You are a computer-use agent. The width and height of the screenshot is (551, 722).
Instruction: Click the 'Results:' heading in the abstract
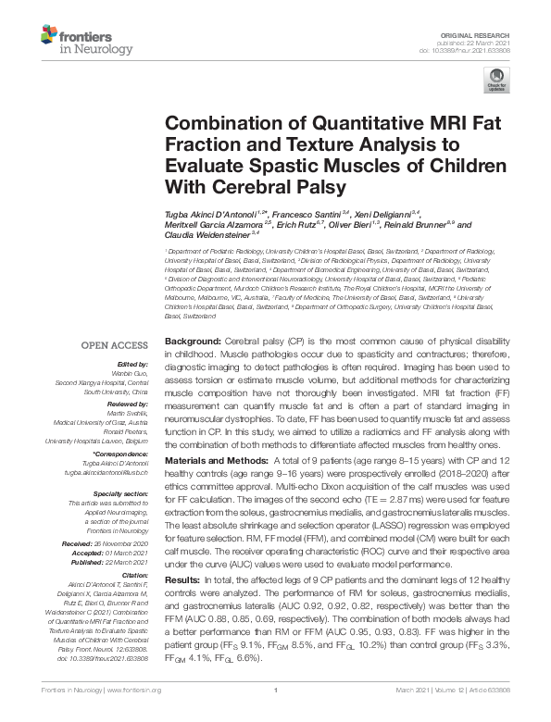[x=181, y=579]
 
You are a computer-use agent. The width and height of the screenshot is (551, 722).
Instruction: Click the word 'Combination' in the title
[x=221, y=124]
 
